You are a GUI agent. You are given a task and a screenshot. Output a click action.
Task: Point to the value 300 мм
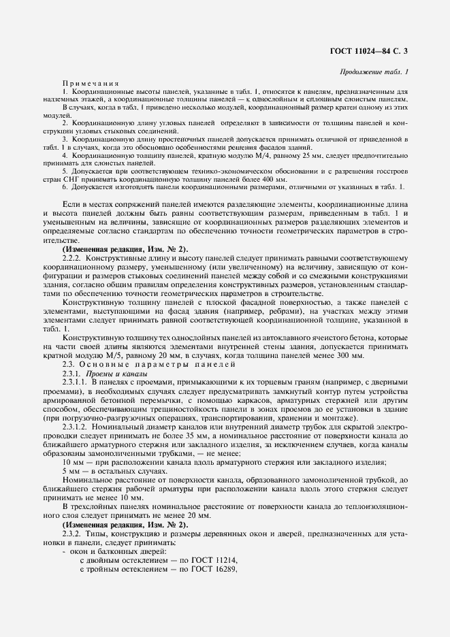[353, 356]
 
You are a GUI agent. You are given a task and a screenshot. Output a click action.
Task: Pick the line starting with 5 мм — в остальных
[114, 471]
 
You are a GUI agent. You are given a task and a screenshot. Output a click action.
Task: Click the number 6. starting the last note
[65, 186]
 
